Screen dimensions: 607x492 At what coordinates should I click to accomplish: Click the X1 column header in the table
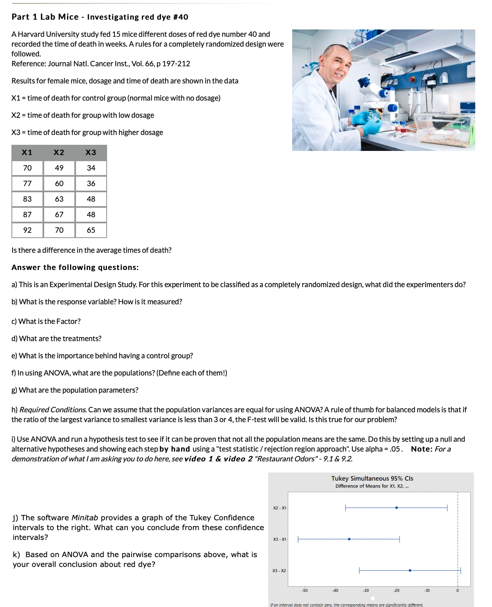click(x=27, y=153)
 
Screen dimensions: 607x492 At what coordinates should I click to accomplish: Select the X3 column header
click(x=91, y=153)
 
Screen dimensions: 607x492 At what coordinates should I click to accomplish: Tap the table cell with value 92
click(x=27, y=230)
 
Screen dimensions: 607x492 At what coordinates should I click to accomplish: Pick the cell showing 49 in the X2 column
click(x=59, y=168)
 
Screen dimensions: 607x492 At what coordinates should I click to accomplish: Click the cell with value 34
click(x=91, y=168)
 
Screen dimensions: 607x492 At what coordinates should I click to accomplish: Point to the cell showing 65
click(x=91, y=230)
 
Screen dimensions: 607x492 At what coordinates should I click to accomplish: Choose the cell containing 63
click(x=59, y=199)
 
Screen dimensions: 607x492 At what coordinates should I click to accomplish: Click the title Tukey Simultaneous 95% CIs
click(x=372, y=479)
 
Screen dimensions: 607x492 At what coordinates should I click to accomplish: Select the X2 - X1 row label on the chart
click(x=280, y=508)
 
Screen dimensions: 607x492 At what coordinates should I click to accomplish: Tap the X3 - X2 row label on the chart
click(x=280, y=571)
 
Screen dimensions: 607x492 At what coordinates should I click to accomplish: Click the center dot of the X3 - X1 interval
click(x=349, y=539)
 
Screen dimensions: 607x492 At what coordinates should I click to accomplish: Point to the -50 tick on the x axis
click(x=304, y=591)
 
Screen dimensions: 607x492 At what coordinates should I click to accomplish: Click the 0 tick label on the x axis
click(x=457, y=591)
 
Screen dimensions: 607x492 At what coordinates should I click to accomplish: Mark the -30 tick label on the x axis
click(x=366, y=591)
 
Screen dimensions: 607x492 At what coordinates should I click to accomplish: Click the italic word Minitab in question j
click(x=85, y=518)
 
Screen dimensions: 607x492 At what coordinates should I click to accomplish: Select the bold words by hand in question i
click(x=174, y=449)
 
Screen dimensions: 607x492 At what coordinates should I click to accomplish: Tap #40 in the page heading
click(x=180, y=17)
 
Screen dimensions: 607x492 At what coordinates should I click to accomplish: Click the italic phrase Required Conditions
click(x=53, y=410)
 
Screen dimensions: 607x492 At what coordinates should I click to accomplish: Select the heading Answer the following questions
click(x=75, y=268)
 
